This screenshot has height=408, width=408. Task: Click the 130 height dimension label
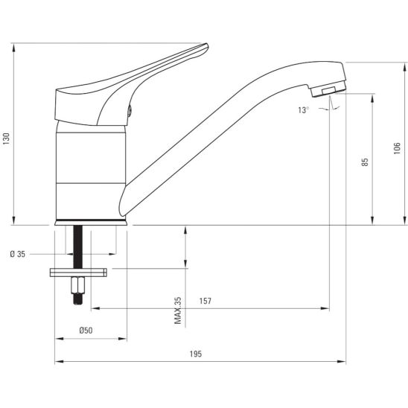[x=6, y=138]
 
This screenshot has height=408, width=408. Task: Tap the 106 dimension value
[x=397, y=148]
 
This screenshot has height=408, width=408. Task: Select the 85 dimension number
[x=365, y=162]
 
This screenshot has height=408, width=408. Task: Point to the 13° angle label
[x=304, y=110]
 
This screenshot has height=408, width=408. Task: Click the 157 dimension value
[x=205, y=301]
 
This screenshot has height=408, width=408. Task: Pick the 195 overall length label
[x=196, y=354]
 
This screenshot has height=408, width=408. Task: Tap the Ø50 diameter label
[x=86, y=331]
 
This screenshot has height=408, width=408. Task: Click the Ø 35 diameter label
[x=18, y=254]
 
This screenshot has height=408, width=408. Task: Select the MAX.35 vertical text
[x=178, y=310]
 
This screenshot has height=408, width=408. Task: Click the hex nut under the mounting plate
[x=78, y=285]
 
